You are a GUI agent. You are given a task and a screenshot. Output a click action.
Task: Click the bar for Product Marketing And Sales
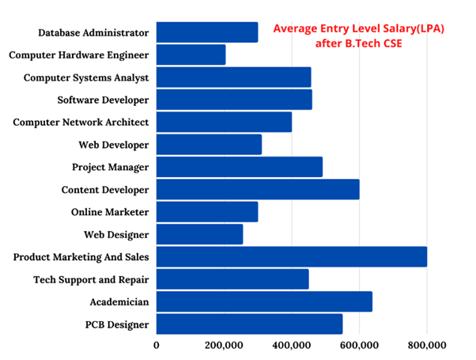(x=291, y=257)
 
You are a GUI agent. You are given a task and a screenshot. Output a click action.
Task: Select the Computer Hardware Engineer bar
(x=191, y=55)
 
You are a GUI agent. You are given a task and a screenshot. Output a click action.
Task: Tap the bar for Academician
(x=264, y=301)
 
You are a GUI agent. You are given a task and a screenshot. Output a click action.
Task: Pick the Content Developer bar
(x=258, y=190)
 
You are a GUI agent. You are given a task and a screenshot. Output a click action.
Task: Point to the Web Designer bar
(x=199, y=234)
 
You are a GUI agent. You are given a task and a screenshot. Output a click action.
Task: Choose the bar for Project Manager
(x=239, y=167)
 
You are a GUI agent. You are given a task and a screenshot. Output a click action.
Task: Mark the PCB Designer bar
(x=249, y=324)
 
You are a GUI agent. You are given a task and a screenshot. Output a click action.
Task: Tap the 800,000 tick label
(x=427, y=345)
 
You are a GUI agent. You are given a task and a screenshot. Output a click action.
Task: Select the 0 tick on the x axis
(x=157, y=345)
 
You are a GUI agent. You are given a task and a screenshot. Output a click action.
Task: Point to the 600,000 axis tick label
(x=359, y=345)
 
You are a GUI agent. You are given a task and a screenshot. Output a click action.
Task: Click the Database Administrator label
(x=93, y=32)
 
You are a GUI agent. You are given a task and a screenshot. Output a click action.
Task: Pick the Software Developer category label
(x=103, y=100)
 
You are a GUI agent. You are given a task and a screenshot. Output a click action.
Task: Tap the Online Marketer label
(x=109, y=212)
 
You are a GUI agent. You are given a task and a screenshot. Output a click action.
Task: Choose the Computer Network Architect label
(x=81, y=123)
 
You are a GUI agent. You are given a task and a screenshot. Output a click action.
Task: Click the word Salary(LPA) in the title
(x=409, y=28)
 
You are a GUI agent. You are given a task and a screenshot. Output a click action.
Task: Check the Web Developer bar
(x=209, y=145)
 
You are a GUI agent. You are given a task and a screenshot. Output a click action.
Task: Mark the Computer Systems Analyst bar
(x=233, y=78)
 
